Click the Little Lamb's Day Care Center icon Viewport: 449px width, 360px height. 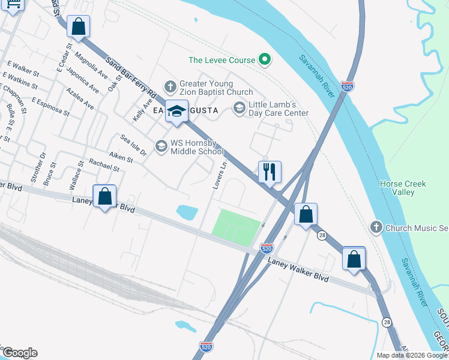(239, 108)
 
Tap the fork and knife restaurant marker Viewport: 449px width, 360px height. (270, 172)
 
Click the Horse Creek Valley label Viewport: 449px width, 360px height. (403, 188)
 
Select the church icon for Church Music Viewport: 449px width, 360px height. (376, 227)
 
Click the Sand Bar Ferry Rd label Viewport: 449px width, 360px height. (131, 80)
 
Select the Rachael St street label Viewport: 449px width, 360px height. (104, 166)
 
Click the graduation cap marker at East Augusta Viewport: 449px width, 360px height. (176, 111)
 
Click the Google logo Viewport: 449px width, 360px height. (20, 353)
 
